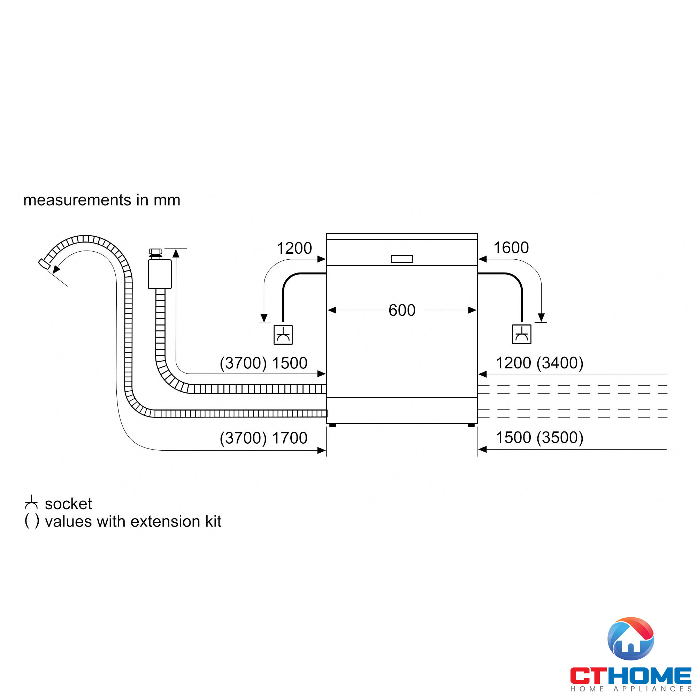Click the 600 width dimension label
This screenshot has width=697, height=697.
[x=402, y=310]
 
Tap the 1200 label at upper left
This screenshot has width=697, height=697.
[x=294, y=248]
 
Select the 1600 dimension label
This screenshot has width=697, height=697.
[x=511, y=248]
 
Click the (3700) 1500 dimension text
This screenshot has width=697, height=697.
[x=263, y=363]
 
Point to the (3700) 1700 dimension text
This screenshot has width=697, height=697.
[x=263, y=438]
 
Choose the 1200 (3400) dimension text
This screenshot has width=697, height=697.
[x=539, y=363]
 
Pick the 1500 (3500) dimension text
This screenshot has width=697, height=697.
[x=539, y=438]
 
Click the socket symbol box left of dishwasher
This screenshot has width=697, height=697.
[x=283, y=335]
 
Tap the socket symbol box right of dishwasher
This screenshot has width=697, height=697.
[x=521, y=334]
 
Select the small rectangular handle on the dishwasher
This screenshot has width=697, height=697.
[x=402, y=259]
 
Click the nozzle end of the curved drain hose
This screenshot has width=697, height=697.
[x=44, y=263]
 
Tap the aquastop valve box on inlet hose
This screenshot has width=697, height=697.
[x=160, y=274]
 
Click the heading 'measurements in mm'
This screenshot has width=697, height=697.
[x=102, y=200]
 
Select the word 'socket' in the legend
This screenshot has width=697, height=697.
[x=68, y=504]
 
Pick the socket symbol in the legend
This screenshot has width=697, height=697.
[x=31, y=502]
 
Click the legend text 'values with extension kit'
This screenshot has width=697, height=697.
[x=133, y=522]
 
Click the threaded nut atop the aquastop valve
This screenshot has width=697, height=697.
[x=155, y=252]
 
